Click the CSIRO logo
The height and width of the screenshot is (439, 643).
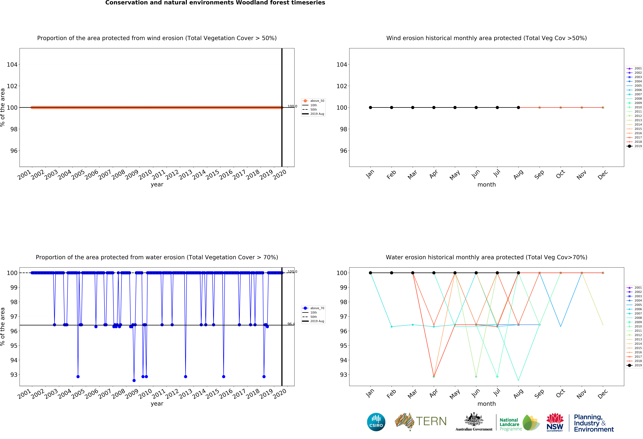[376, 422]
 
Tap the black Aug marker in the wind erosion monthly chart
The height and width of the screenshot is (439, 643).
[518, 108]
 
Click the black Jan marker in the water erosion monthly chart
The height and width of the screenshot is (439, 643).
[370, 273]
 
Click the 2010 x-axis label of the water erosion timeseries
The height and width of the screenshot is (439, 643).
[145, 394]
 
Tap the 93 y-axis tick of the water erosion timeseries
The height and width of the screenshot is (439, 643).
[14, 375]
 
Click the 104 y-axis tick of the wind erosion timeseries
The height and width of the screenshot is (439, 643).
[12, 65]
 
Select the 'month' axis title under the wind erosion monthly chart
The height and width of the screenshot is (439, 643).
[486, 185]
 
